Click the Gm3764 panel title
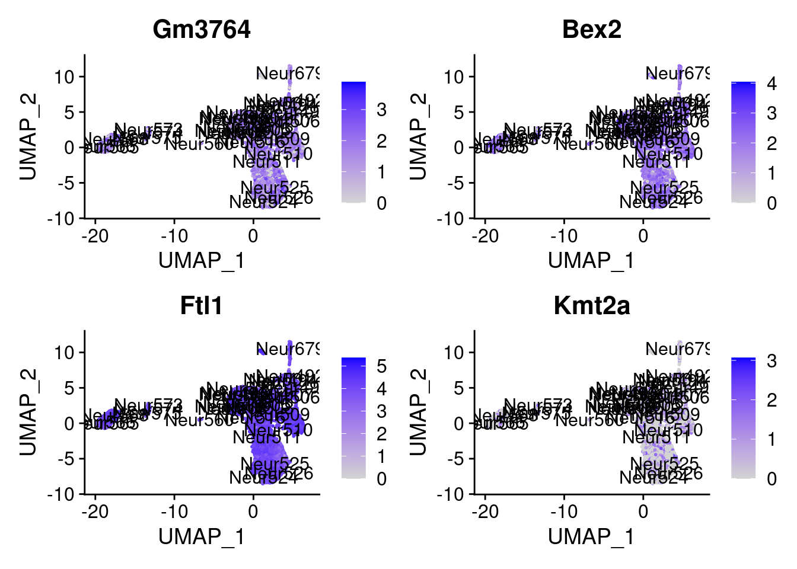click(202, 30)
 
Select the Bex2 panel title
click(591, 30)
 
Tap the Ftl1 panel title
click(202, 306)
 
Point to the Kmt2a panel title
click(591, 306)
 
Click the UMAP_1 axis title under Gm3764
click(202, 260)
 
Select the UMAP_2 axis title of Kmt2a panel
click(418, 412)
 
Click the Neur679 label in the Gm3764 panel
click(288, 73)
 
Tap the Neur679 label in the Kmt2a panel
click(677, 349)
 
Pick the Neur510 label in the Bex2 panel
click(668, 154)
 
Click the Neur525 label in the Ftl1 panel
click(275, 463)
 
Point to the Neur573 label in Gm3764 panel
click(148, 130)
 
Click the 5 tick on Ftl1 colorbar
click(381, 366)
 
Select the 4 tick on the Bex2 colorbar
click(771, 84)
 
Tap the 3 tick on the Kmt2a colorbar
click(771, 360)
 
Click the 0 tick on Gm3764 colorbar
click(381, 203)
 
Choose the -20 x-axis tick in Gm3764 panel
click(95, 236)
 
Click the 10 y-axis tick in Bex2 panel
click(455, 77)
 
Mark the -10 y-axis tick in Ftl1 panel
click(62, 494)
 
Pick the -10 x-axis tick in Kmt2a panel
click(563, 512)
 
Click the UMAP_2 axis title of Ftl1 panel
click(28, 412)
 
